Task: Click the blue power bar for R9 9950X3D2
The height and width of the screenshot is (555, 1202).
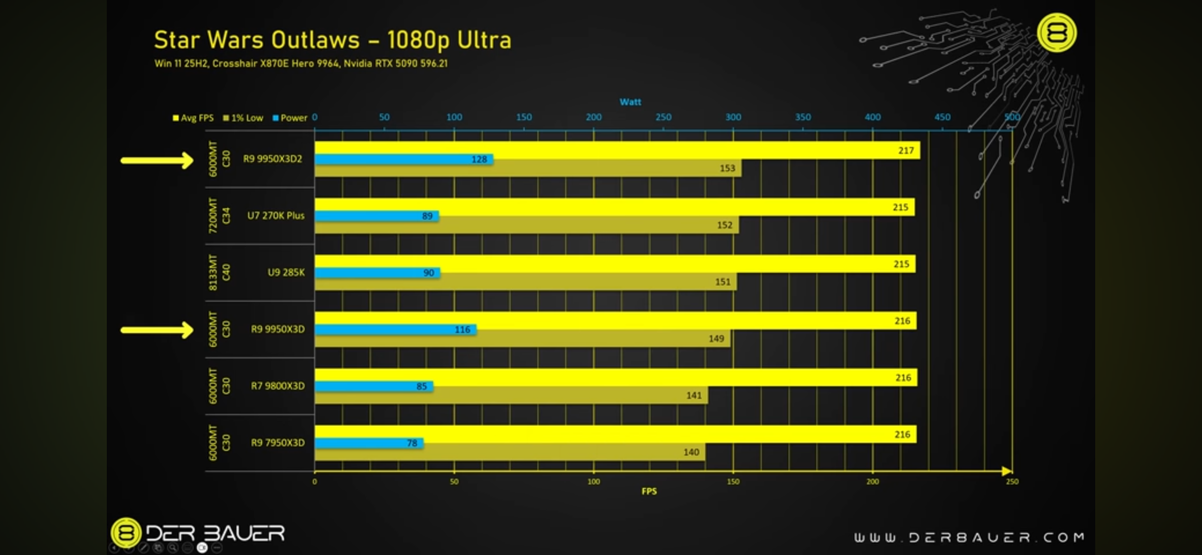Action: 404,159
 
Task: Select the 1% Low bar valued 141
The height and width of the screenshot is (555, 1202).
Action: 510,396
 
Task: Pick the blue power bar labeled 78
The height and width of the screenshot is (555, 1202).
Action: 368,443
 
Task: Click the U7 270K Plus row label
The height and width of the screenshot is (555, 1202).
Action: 276,216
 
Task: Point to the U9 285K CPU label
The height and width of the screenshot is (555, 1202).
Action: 286,272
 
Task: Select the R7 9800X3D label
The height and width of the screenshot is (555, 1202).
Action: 278,386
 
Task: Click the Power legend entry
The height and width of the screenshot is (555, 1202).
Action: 290,118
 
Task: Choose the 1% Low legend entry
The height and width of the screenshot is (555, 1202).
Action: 243,118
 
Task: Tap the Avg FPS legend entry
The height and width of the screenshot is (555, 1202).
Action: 193,118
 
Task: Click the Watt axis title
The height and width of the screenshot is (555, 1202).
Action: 630,102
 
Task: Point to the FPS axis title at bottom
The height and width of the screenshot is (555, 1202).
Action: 649,491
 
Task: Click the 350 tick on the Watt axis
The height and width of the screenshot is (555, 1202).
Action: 803,117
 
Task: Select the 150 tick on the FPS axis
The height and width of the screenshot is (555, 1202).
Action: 733,482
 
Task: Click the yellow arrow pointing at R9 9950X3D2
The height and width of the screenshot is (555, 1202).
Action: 157,160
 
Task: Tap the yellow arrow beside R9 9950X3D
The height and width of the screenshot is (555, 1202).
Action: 157,330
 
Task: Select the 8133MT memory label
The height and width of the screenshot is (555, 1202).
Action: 213,272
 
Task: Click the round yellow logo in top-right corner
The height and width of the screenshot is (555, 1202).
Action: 1057,33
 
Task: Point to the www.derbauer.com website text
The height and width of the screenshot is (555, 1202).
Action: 969,537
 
